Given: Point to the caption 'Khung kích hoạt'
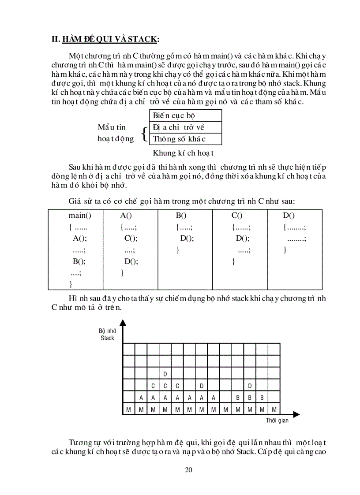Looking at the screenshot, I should click(x=183, y=153).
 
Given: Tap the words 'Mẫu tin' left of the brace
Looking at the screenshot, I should click(x=112, y=127).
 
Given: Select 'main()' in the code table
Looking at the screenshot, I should click(x=80, y=216).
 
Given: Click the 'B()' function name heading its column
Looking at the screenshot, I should click(x=181, y=216).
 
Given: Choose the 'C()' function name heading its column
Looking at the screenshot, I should click(x=237, y=216).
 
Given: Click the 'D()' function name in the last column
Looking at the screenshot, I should click(x=289, y=216).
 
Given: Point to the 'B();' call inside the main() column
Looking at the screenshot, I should click(x=79, y=261).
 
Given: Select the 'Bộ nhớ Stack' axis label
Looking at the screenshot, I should click(x=107, y=335).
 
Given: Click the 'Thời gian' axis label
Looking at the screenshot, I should click(x=277, y=421).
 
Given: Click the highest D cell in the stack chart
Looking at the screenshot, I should click(x=165, y=374).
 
